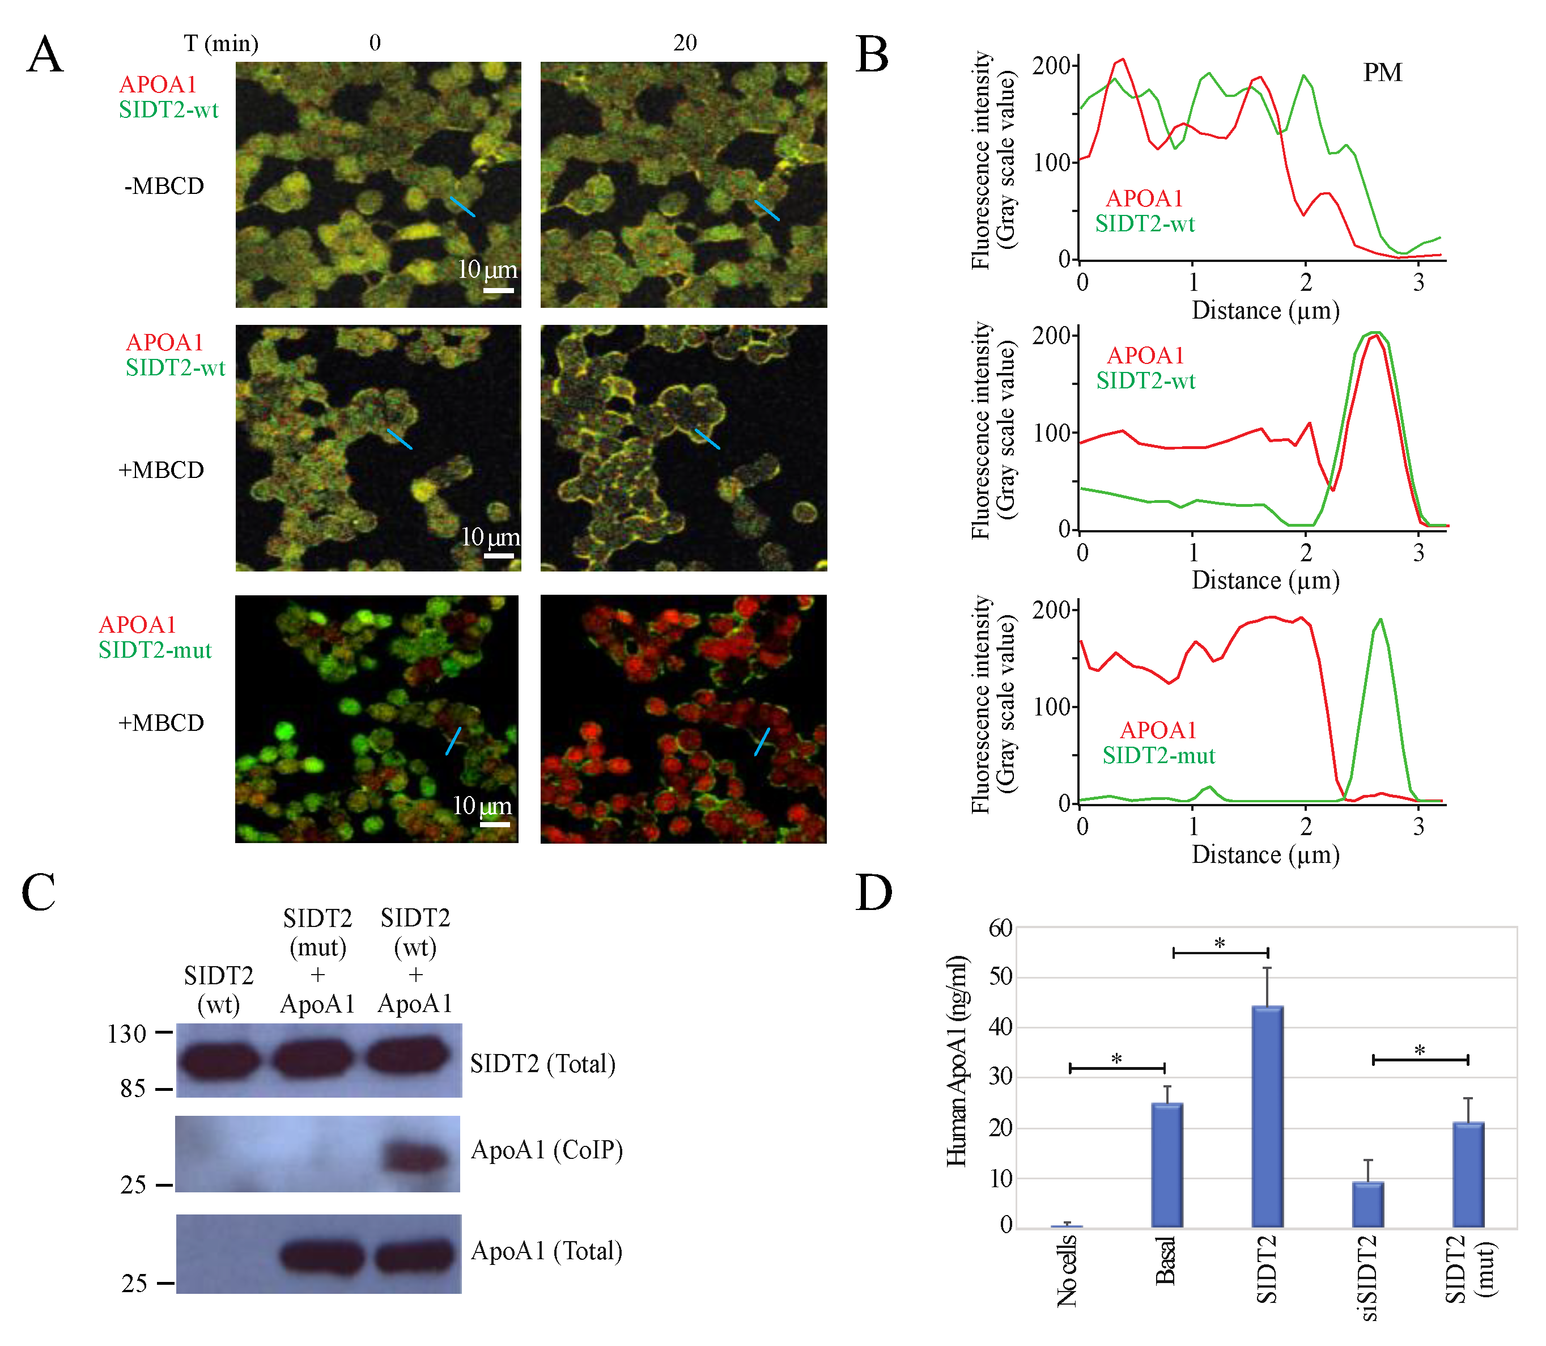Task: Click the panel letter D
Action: click(873, 893)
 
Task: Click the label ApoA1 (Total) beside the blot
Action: click(547, 1251)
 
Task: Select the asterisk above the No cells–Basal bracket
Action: click(1116, 1059)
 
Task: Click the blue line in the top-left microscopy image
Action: click(462, 206)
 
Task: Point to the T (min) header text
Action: click(221, 44)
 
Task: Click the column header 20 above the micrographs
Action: click(684, 43)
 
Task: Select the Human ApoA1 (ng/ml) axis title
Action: click(956, 1061)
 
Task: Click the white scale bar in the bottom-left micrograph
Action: click(494, 824)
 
